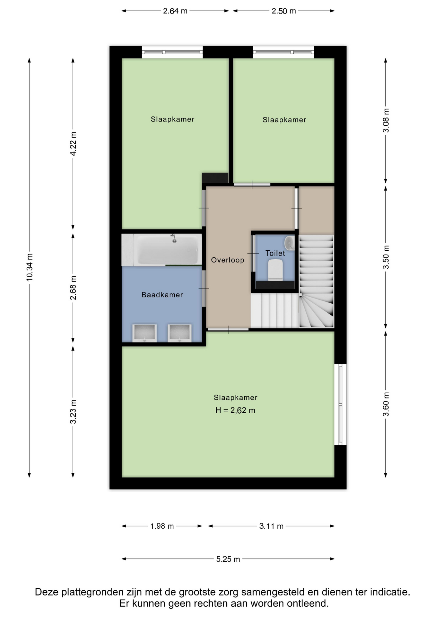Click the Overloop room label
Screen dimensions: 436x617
[x=227, y=260]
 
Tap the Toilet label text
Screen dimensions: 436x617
[x=275, y=253]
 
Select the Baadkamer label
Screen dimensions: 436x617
[x=162, y=295]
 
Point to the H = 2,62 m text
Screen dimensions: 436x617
[x=235, y=410]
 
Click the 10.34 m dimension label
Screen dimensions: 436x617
[x=30, y=267]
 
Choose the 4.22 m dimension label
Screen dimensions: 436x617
[x=73, y=144]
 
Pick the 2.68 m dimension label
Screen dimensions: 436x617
[x=73, y=288]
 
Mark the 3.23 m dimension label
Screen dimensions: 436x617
[x=73, y=412]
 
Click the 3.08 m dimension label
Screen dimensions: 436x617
[x=386, y=121]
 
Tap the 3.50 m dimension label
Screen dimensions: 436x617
[x=386, y=257]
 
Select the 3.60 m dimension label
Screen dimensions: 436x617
[x=386, y=404]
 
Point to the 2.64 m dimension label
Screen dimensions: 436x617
[x=175, y=11]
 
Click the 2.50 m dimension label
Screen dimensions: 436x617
[x=284, y=11]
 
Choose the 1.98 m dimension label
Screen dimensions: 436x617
[x=162, y=526]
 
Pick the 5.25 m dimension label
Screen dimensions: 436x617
[x=228, y=559]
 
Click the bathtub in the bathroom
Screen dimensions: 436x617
[x=168, y=250]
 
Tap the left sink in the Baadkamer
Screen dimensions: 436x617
[x=144, y=333]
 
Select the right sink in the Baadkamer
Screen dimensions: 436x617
[x=179, y=333]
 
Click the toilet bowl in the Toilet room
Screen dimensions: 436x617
[x=275, y=270]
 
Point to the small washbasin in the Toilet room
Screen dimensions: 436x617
[x=290, y=243]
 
